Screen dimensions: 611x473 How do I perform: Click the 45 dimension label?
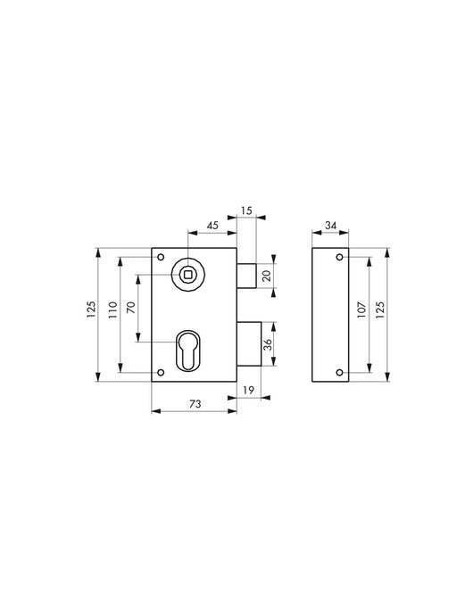tap(212, 225)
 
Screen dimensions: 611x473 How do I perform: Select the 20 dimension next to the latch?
tap(265, 277)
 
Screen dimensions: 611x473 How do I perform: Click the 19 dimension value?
tap(248, 390)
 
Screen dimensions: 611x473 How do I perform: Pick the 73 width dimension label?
tap(194, 403)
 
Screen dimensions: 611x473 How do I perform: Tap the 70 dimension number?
tap(130, 308)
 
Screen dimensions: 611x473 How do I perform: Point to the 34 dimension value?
tap(329, 226)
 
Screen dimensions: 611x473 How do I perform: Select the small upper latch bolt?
tap(247, 276)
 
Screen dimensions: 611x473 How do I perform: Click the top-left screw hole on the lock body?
tap(160, 258)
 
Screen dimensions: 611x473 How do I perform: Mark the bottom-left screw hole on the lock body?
tap(160, 372)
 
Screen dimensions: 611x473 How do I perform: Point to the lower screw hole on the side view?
tap(339, 372)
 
